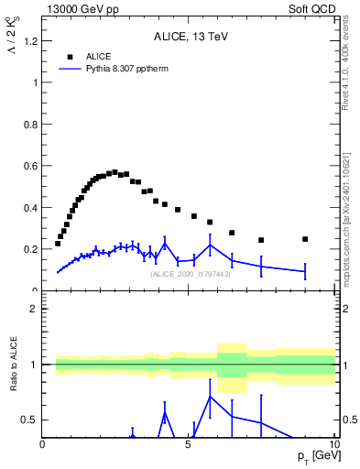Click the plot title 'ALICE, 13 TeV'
[187, 38]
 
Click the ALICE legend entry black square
[70, 57]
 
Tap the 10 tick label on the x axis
[333, 444]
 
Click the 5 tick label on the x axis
[188, 444]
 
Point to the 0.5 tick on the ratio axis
[31, 420]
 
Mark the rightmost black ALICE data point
[305, 239]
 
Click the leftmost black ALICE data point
[58, 244]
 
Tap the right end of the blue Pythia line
[305, 271]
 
